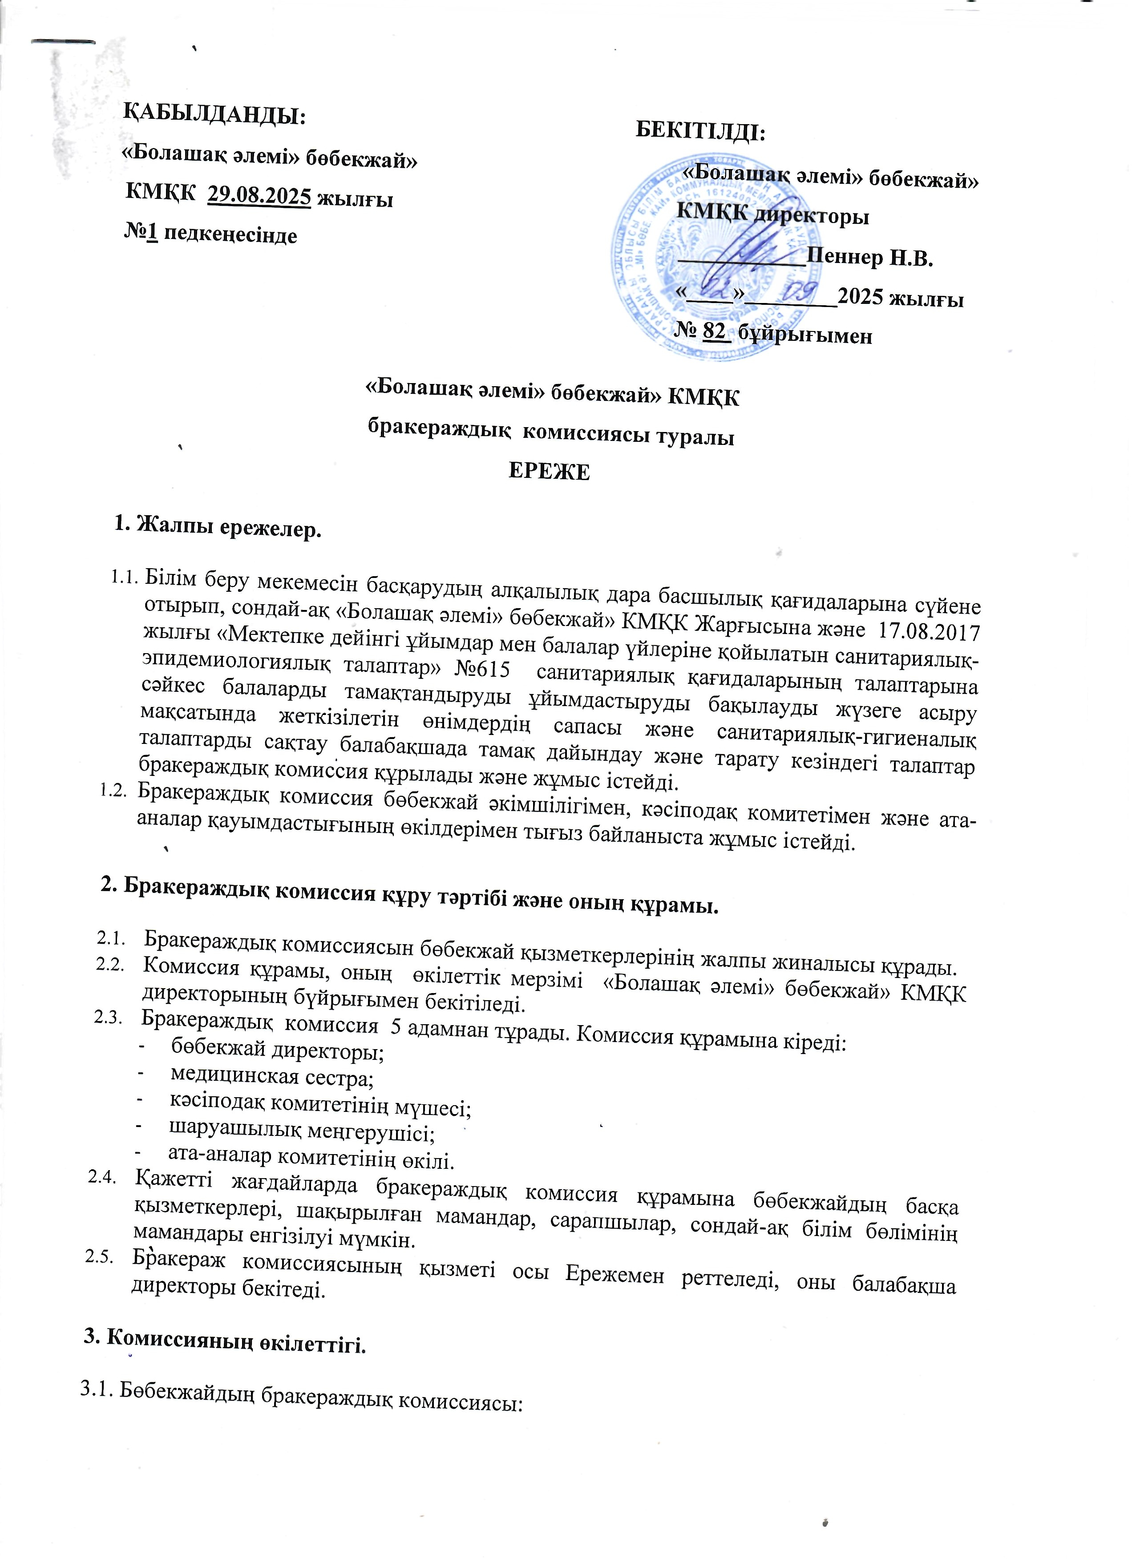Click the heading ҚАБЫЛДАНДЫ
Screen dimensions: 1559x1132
(214, 115)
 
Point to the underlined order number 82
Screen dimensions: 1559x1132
(714, 331)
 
